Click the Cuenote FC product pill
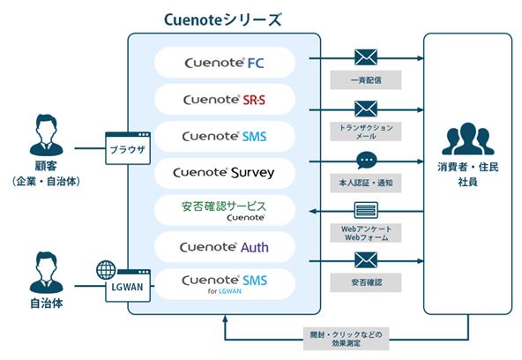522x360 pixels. click(225, 63)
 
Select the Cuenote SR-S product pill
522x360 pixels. click(225, 100)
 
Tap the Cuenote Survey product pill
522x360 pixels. click(225, 173)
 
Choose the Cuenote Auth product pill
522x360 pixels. click(225, 247)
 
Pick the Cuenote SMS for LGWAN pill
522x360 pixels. click(225, 284)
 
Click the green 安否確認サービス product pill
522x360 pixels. click(225, 210)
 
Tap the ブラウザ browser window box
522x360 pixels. click(128, 148)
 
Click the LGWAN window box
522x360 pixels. click(128, 286)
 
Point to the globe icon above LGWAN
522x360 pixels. click(106, 270)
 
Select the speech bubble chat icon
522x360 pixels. click(366, 161)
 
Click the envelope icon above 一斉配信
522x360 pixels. click(366, 57)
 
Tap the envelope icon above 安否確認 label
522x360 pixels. click(366, 260)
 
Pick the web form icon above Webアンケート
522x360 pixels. click(366, 210)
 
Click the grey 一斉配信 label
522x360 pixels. click(366, 80)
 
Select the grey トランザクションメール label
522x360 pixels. click(366, 131)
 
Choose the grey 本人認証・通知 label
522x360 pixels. click(366, 183)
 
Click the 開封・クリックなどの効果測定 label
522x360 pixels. click(347, 339)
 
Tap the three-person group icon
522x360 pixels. click(467, 139)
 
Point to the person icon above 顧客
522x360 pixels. click(46, 135)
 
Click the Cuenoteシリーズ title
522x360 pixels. click(223, 19)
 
